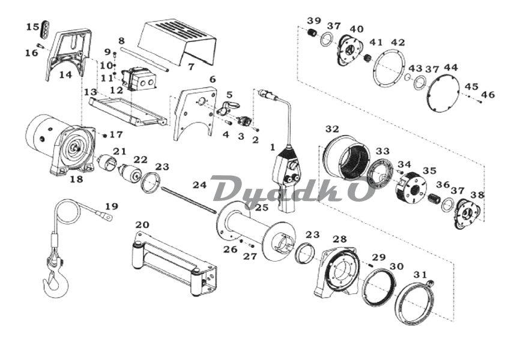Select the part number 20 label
(x=142, y=225)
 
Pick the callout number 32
(x=332, y=129)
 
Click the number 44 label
(x=450, y=68)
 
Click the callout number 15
(x=33, y=27)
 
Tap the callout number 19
(x=112, y=207)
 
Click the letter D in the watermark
(x=224, y=191)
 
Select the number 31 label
(x=421, y=275)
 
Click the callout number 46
(x=488, y=95)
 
